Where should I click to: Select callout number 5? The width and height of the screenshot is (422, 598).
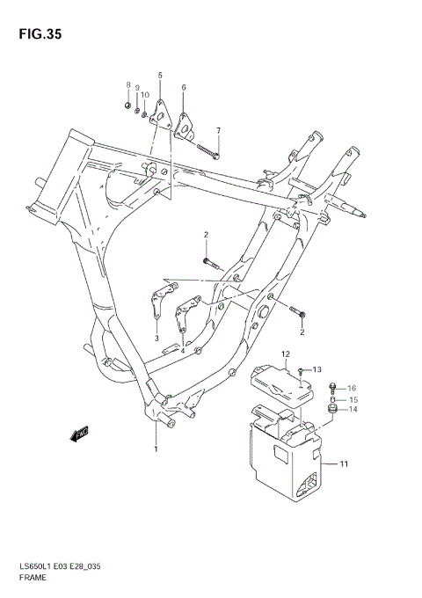pos(160,77)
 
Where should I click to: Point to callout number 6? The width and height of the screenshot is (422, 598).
pos(184,87)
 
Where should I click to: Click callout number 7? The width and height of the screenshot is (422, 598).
pos(219,131)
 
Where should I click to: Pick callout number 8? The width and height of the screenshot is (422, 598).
pos(128,85)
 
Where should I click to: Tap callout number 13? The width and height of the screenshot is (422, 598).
pos(318,369)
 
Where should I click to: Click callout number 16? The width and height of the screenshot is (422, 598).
pos(352,387)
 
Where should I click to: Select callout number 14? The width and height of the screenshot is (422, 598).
pos(352,409)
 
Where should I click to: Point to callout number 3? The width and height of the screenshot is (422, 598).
pos(156,337)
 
